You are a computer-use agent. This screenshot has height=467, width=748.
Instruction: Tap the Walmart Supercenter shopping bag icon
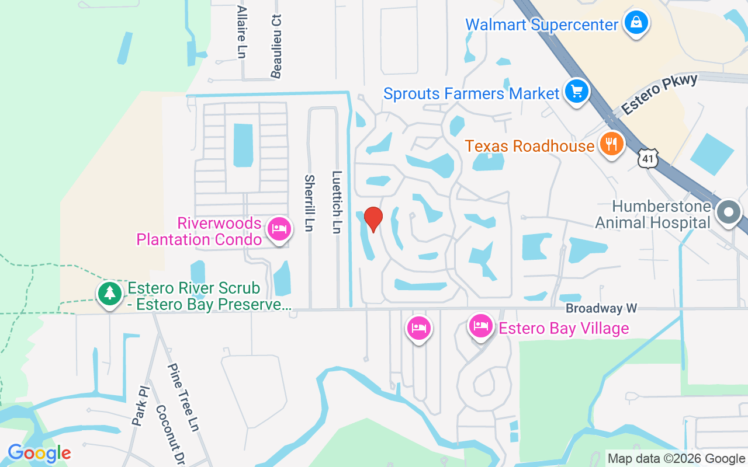pyautogui.click(x=634, y=23)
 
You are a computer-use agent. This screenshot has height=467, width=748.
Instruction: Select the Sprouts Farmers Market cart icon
pyautogui.click(x=577, y=92)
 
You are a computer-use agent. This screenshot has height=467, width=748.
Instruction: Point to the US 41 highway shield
pyautogui.click(x=649, y=158)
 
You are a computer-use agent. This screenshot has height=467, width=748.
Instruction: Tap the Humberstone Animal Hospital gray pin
pyautogui.click(x=729, y=211)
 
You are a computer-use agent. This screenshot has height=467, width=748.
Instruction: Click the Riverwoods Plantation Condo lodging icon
pyautogui.click(x=279, y=228)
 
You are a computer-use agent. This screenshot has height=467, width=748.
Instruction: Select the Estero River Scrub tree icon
pyautogui.click(x=109, y=293)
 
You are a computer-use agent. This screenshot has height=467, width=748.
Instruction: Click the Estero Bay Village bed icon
pyautogui.click(x=480, y=326)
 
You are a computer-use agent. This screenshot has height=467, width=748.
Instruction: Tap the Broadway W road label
pyautogui.click(x=601, y=308)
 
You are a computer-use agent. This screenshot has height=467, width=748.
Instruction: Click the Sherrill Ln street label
pyautogui.click(x=309, y=203)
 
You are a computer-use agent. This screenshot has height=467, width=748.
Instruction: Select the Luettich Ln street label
pyautogui.click(x=336, y=201)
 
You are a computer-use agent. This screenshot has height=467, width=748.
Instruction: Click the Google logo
pyautogui.click(x=39, y=453)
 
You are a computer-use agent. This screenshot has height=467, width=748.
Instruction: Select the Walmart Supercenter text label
pyautogui.click(x=542, y=25)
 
